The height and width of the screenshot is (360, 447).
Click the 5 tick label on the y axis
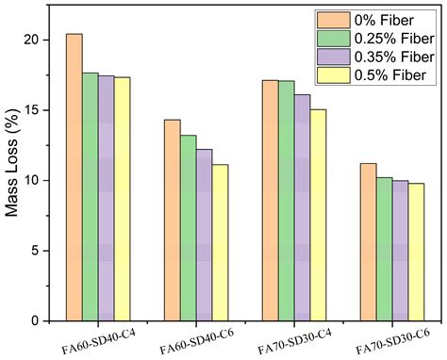click(36, 251)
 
